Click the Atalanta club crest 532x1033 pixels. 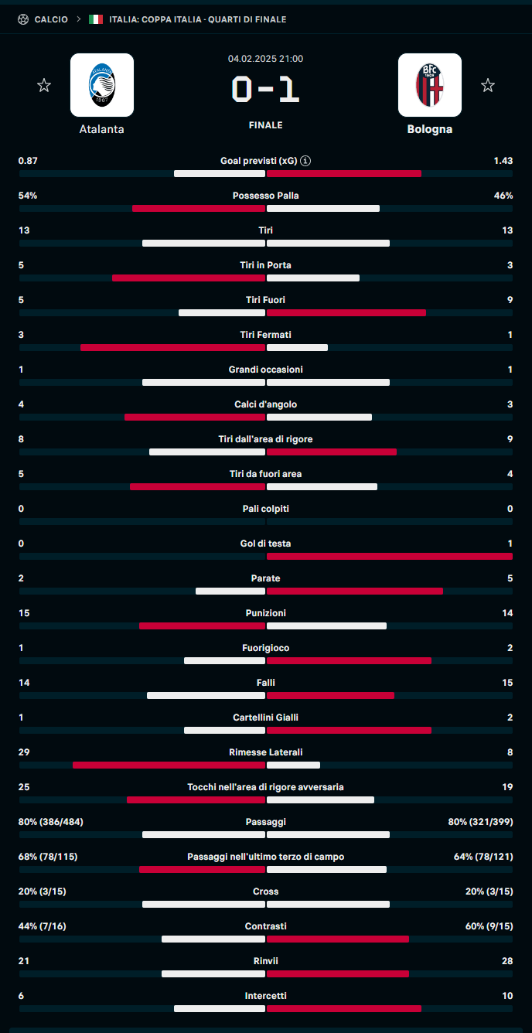(x=101, y=85)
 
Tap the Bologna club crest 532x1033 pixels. (x=429, y=85)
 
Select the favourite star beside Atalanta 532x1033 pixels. (x=44, y=86)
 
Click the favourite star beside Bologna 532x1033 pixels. (x=487, y=86)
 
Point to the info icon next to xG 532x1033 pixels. (x=306, y=161)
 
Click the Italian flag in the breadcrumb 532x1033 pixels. (x=96, y=19)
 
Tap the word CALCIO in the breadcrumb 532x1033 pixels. (x=51, y=19)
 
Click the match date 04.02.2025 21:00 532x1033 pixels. (x=265, y=59)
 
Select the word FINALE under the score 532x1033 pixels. (x=265, y=125)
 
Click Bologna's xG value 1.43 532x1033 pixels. (x=503, y=161)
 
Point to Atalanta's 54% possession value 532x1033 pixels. (x=28, y=196)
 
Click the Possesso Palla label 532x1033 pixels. (x=265, y=196)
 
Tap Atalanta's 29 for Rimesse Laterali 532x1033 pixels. (x=24, y=752)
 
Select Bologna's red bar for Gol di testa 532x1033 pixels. (x=389, y=556)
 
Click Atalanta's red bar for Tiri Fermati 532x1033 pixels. (x=172, y=348)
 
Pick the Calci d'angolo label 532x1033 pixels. (x=265, y=404)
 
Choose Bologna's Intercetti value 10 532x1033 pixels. (x=507, y=996)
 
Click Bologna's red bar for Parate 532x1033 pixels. (x=355, y=592)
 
